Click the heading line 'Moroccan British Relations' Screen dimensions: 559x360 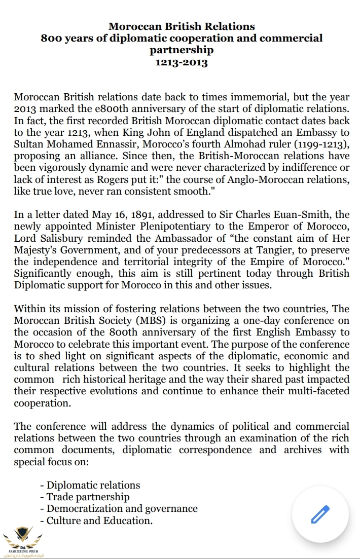[182, 26]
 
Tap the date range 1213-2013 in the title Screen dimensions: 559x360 [182, 63]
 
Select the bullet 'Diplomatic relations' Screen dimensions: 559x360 [93, 485]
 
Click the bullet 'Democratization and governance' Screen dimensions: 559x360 [122, 508]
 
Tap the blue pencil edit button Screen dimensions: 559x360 [320, 515]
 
